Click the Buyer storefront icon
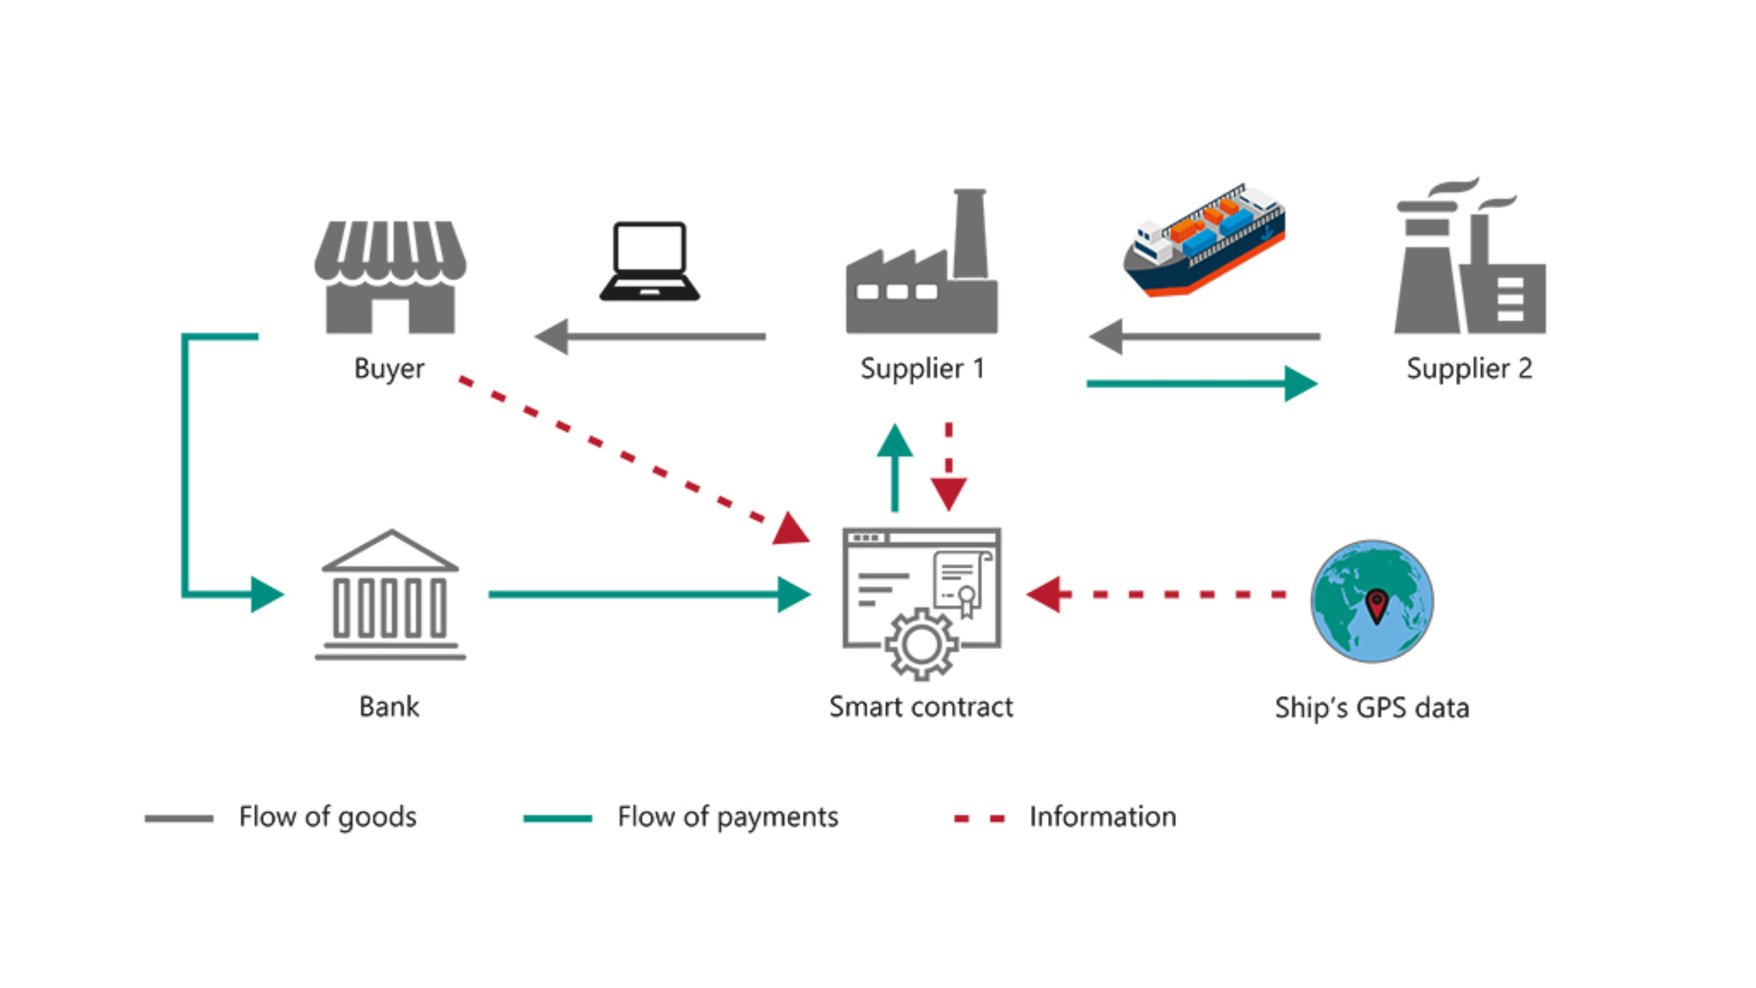[x=390, y=277]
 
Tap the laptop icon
[x=649, y=261]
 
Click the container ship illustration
[x=1205, y=240]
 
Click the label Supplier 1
[x=922, y=369]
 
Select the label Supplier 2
[x=1469, y=369]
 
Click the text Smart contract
[x=921, y=707]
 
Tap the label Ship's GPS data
[x=1372, y=708]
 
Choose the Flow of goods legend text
[x=327, y=817]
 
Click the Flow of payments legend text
[x=727, y=817]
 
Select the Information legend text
[x=1102, y=817]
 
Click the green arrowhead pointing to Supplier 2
[x=1300, y=384]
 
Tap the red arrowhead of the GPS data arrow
[x=1044, y=594]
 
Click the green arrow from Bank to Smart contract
[x=645, y=594]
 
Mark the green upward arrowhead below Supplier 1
[x=894, y=442]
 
